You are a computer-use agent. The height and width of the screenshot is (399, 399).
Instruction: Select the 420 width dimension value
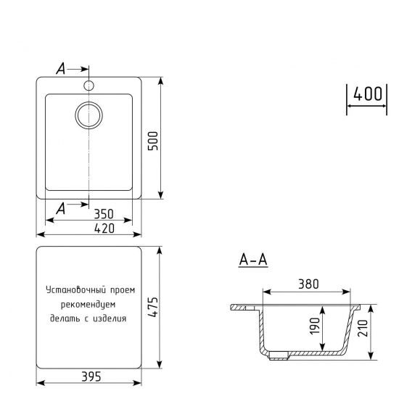pyautogui.click(x=104, y=229)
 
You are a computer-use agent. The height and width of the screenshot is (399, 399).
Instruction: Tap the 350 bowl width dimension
pyautogui.click(x=104, y=214)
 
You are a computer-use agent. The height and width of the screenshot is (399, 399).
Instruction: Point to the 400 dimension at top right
pyautogui.click(x=369, y=95)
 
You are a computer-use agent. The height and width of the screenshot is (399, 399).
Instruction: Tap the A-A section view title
pyautogui.click(x=252, y=260)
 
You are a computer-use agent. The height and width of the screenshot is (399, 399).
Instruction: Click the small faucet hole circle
pyautogui.click(x=89, y=86)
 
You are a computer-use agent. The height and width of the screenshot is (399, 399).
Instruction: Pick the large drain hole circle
pyautogui.click(x=89, y=115)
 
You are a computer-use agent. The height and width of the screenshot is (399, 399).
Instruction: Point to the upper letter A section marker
pyautogui.click(x=62, y=69)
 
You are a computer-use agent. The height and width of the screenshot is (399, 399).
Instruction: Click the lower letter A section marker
pyautogui.click(x=62, y=208)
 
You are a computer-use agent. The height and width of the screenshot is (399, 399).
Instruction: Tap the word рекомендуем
pyautogui.click(x=89, y=303)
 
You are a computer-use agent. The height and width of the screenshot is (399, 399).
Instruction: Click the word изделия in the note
pyautogui.click(x=110, y=318)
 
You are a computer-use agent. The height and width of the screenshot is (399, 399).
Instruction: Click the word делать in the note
pyautogui.click(x=66, y=318)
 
